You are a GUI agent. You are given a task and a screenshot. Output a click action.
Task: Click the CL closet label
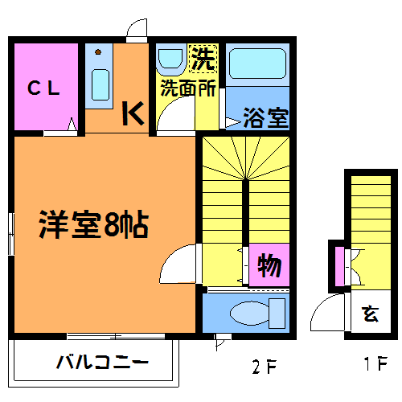(43, 88)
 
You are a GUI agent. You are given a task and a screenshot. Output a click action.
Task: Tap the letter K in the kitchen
(133, 113)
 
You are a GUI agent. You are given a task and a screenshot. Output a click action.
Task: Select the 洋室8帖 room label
(94, 224)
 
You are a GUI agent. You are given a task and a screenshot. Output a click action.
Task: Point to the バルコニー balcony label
(102, 362)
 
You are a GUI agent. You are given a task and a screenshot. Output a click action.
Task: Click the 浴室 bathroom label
(266, 117)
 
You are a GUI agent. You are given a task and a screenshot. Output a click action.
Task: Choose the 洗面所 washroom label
(188, 88)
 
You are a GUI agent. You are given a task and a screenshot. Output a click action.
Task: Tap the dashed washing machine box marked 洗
(203, 59)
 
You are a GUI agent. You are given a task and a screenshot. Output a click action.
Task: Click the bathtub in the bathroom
(257, 64)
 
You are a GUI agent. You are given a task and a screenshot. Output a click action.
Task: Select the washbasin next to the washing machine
(170, 59)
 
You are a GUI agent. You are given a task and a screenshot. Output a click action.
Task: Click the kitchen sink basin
(100, 84)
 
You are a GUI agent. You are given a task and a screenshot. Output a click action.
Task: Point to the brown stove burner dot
(98, 51)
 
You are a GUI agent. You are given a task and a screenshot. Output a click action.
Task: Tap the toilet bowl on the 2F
(250, 313)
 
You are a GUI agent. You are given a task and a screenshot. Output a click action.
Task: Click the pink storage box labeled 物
(269, 265)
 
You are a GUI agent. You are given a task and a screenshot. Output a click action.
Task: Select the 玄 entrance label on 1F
(370, 314)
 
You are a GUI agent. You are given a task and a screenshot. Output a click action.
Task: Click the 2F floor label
(265, 367)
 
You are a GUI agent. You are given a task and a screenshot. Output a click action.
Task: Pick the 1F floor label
(375, 363)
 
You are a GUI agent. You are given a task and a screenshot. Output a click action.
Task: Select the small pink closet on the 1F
(339, 266)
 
